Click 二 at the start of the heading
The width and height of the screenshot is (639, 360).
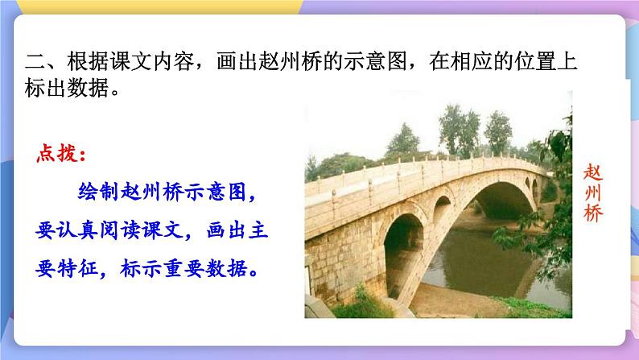pos(36,62)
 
